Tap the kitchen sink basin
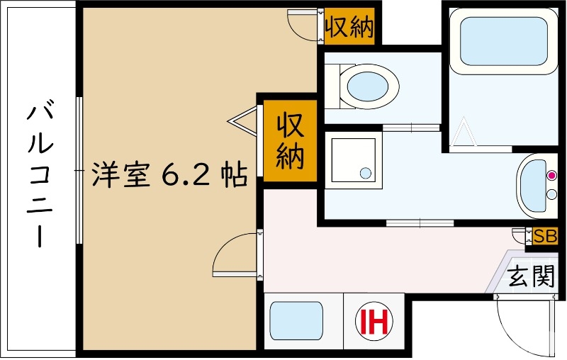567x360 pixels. point(296,322)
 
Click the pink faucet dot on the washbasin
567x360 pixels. point(553,175)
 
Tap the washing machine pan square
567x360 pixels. point(352,162)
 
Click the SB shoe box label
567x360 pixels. point(546,236)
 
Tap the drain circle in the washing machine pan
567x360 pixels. point(365,172)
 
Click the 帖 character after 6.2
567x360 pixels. point(232,174)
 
